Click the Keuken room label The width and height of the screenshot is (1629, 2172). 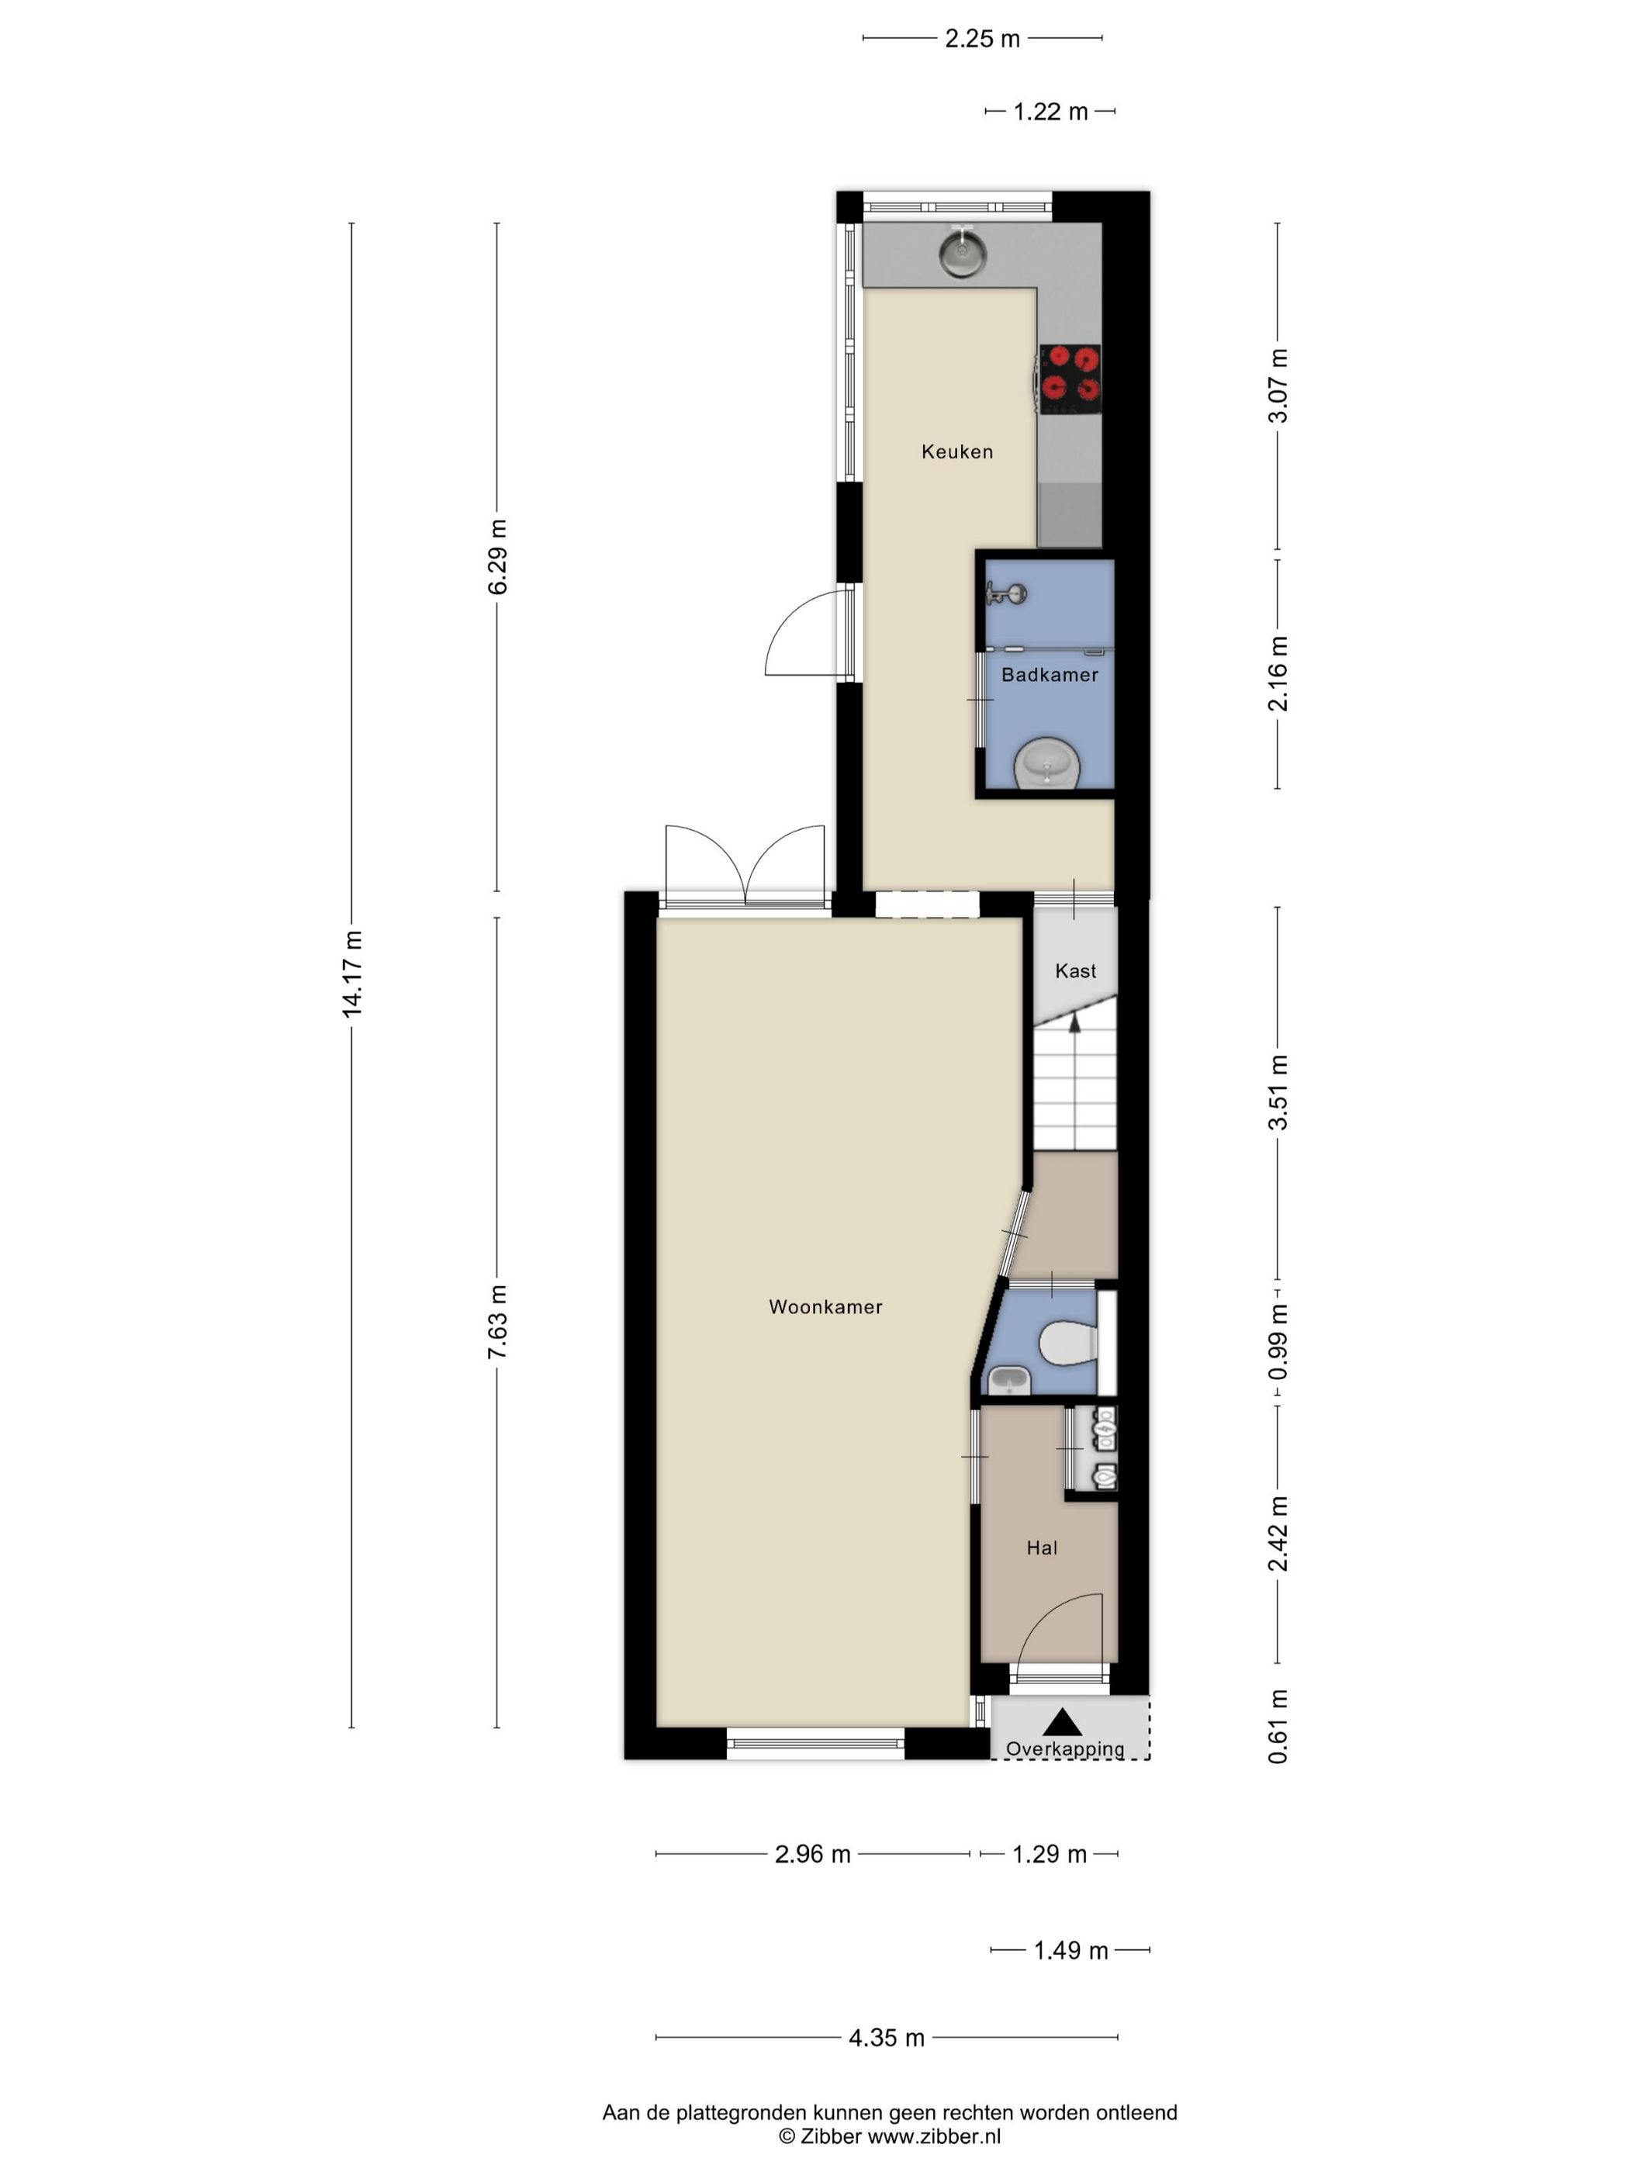pos(956,451)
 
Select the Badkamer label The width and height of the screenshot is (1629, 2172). pos(1049,675)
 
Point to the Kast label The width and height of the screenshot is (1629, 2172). pos(1075,971)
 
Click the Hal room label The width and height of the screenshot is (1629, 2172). pos(1042,1548)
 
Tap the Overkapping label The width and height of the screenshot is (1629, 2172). pos(1064,1748)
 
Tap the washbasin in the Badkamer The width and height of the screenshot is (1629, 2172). pos(1046,764)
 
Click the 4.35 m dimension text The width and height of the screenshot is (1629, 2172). pos(887,2038)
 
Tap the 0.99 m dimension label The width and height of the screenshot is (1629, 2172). pos(1278,1341)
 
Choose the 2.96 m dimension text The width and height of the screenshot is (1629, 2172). pos(812,1854)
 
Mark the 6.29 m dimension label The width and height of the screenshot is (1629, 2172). pos(497,557)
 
